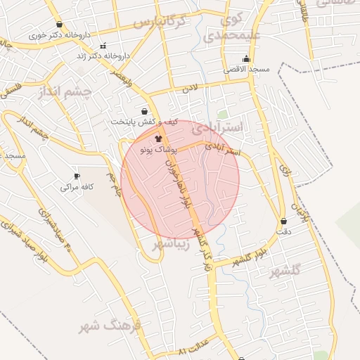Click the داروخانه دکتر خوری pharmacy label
59,33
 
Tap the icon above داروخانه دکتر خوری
59,24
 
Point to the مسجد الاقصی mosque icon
246,59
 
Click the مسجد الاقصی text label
246,69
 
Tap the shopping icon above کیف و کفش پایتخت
144,111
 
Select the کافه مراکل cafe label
77,187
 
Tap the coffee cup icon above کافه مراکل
77,176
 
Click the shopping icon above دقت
283,221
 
